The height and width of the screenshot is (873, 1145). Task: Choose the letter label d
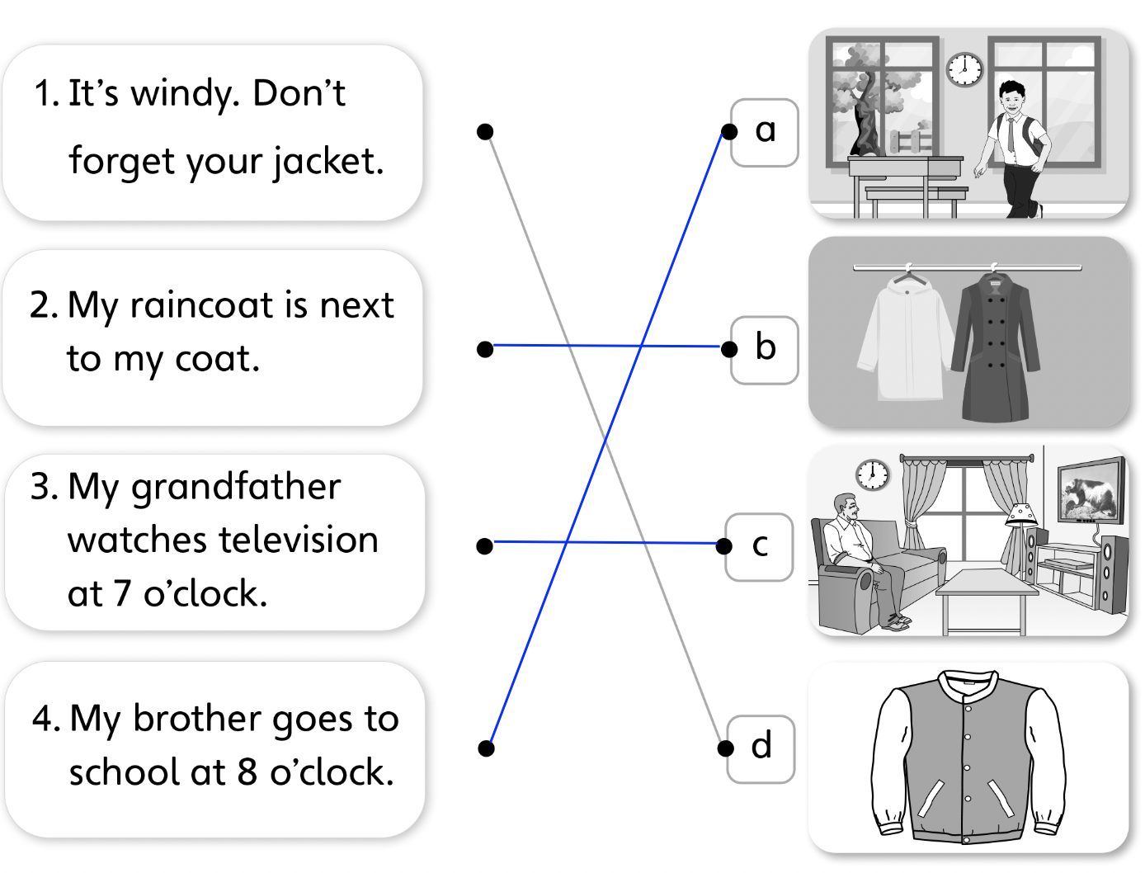click(x=761, y=747)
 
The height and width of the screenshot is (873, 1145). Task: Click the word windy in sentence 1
click(x=186, y=94)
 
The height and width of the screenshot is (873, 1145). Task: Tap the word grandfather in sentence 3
click(x=236, y=488)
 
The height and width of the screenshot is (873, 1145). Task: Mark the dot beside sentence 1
click(x=485, y=131)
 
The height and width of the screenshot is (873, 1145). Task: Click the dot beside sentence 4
click(x=486, y=748)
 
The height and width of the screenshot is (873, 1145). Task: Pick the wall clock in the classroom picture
click(x=964, y=69)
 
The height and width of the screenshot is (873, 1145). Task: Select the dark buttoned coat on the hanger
click(x=995, y=347)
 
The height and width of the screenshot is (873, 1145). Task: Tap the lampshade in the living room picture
click(x=1022, y=514)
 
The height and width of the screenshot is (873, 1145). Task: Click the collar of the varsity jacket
click(x=968, y=683)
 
